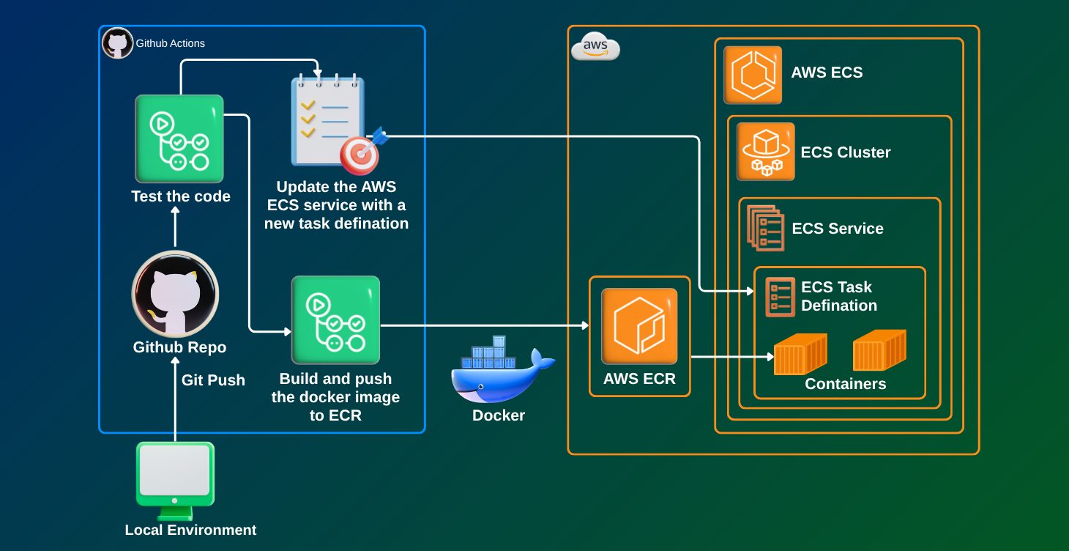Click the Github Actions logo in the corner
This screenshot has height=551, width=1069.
pyautogui.click(x=117, y=43)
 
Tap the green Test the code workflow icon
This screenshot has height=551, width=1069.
pyautogui.click(x=179, y=138)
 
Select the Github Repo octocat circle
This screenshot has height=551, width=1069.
pyautogui.click(x=175, y=294)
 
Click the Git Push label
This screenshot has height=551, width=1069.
pyautogui.click(x=213, y=380)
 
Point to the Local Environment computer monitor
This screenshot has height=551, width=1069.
pyautogui.click(x=175, y=473)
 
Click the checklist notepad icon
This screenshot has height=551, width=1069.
pyautogui.click(x=327, y=119)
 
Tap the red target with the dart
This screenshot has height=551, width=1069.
pyautogui.click(x=360, y=152)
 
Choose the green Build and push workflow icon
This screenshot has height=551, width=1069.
pyautogui.click(x=335, y=320)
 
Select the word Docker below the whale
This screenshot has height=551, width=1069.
pyautogui.click(x=499, y=415)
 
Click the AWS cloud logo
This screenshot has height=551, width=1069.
pyautogui.click(x=595, y=47)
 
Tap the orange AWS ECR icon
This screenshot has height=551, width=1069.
pyautogui.click(x=639, y=326)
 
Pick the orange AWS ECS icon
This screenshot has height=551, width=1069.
pyautogui.click(x=753, y=75)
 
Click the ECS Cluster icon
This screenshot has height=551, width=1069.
pyautogui.click(x=765, y=151)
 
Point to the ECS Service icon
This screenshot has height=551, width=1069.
pyautogui.click(x=765, y=228)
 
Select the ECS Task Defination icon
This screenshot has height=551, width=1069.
pyautogui.click(x=780, y=297)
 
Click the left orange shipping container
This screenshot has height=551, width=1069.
pyautogui.click(x=800, y=354)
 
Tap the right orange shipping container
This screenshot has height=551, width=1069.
pyautogui.click(x=879, y=350)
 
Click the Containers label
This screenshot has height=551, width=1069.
pyautogui.click(x=846, y=384)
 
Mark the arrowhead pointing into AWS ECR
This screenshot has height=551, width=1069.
pyautogui.click(x=585, y=325)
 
